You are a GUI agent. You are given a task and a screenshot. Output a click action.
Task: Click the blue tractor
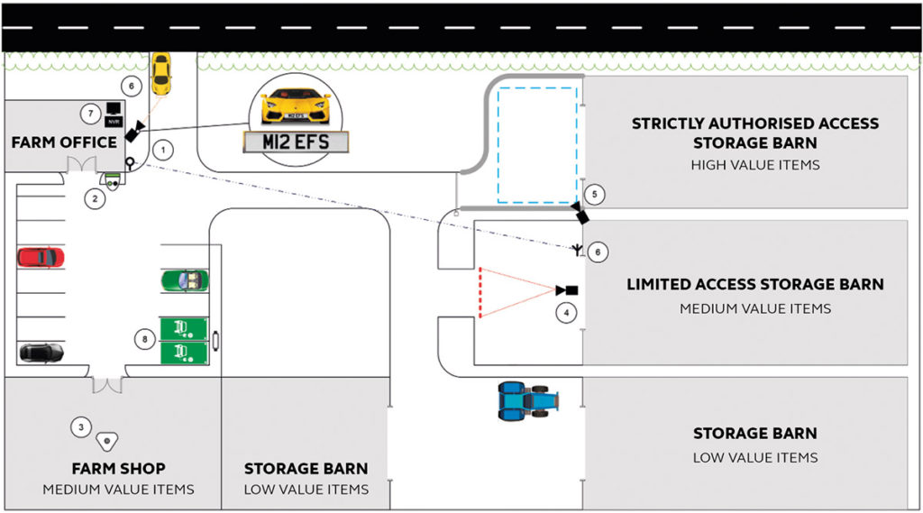click(x=528, y=400)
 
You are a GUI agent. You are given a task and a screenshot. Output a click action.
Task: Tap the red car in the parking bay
click(x=41, y=257)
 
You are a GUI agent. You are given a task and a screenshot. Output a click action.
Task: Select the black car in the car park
click(x=41, y=352)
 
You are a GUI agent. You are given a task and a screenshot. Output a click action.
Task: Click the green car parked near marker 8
click(x=184, y=280)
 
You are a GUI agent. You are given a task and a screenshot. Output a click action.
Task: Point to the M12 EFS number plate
click(x=296, y=142)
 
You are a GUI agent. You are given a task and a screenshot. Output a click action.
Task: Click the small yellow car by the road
click(x=160, y=72)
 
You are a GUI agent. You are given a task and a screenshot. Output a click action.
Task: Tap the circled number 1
click(x=161, y=151)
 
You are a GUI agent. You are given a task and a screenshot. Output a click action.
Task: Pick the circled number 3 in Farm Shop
click(x=82, y=427)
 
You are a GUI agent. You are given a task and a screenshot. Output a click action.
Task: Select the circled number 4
click(x=565, y=313)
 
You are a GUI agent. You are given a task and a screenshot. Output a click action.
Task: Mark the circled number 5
click(x=592, y=194)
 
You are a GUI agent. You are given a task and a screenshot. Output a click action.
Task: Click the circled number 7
click(x=88, y=114)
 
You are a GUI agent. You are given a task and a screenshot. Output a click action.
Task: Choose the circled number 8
click(x=143, y=338)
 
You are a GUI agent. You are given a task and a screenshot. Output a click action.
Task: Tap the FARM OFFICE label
click(x=64, y=142)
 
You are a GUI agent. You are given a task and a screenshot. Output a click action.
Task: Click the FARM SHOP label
click(x=118, y=469)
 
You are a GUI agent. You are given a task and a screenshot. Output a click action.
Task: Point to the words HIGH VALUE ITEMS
click(x=754, y=165)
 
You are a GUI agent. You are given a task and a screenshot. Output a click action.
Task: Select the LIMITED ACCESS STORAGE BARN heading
click(x=754, y=285)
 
